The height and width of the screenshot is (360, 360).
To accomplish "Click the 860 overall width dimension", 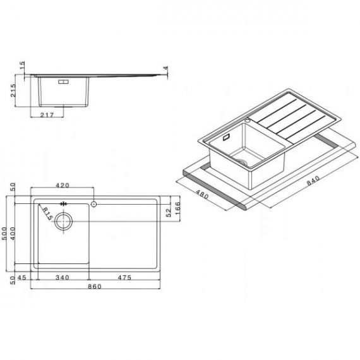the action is (95, 286).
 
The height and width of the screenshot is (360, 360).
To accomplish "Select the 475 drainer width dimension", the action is (124, 277).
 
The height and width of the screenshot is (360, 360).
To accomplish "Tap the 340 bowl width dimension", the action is (63, 277).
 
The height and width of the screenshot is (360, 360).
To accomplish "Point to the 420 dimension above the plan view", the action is (63, 185).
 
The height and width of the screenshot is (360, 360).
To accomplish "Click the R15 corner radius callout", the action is (48, 213).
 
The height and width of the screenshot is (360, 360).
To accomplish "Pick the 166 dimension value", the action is (177, 208).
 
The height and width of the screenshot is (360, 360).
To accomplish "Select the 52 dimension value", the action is (169, 213).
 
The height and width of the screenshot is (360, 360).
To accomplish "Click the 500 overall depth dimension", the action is (4, 234).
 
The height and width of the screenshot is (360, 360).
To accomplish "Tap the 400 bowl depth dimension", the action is (13, 234).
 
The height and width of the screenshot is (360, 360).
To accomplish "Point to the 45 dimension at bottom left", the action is (22, 277).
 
